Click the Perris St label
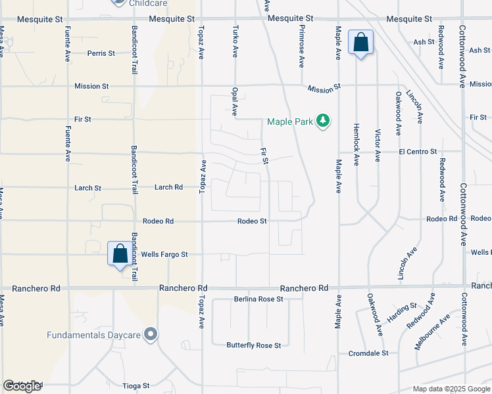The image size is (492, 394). (x=101, y=53)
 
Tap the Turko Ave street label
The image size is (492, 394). (x=235, y=41)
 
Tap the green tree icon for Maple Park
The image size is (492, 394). (x=322, y=121)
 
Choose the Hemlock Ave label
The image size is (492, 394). (x=356, y=144)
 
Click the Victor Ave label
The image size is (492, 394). (x=378, y=146)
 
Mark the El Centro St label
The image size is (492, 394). (x=417, y=152)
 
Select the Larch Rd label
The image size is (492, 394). (x=168, y=187)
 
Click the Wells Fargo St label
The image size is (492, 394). (x=164, y=254)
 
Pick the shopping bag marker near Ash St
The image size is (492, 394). (x=360, y=43)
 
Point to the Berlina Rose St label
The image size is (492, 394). (x=258, y=299)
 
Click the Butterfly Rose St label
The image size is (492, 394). (x=254, y=345)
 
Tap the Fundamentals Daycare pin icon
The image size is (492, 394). (x=151, y=335)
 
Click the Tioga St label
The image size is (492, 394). (x=137, y=385)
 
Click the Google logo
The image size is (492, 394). (x=22, y=386)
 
